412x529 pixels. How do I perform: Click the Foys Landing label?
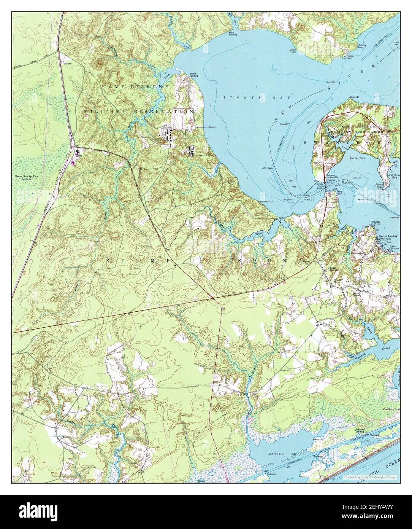(233, 33)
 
